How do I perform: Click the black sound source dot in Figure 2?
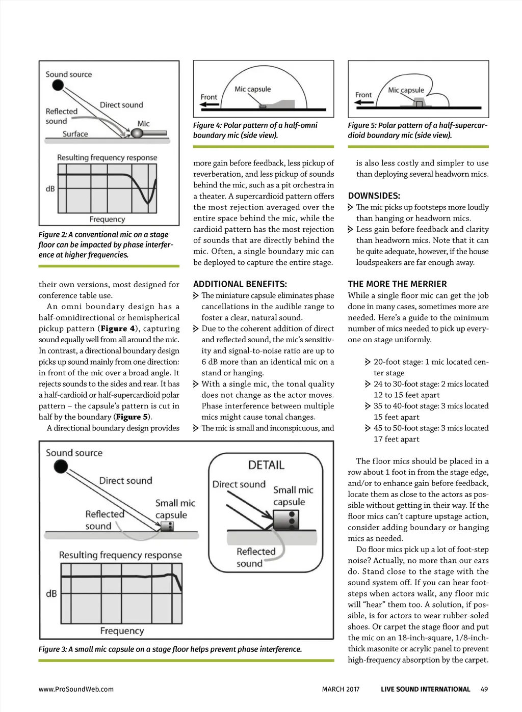point(59,85)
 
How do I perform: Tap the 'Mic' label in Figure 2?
point(143,123)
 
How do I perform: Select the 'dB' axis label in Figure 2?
point(50,188)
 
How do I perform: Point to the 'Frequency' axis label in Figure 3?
point(122,631)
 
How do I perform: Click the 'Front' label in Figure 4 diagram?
point(208,97)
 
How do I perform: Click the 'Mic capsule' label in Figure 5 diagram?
point(406,90)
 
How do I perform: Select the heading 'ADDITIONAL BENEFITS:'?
point(240,284)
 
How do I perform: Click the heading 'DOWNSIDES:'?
point(374,196)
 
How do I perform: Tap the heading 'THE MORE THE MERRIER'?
point(397,284)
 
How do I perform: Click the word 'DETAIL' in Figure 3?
point(266,464)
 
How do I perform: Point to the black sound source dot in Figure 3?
point(61,466)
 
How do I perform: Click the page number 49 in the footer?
point(484,689)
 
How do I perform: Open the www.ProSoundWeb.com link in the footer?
point(76,689)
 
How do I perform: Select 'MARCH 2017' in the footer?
point(341,689)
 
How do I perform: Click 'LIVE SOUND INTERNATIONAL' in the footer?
point(425,689)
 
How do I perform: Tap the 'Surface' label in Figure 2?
point(75,134)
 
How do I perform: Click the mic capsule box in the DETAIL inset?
point(285,520)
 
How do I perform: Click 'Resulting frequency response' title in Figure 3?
point(120,555)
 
